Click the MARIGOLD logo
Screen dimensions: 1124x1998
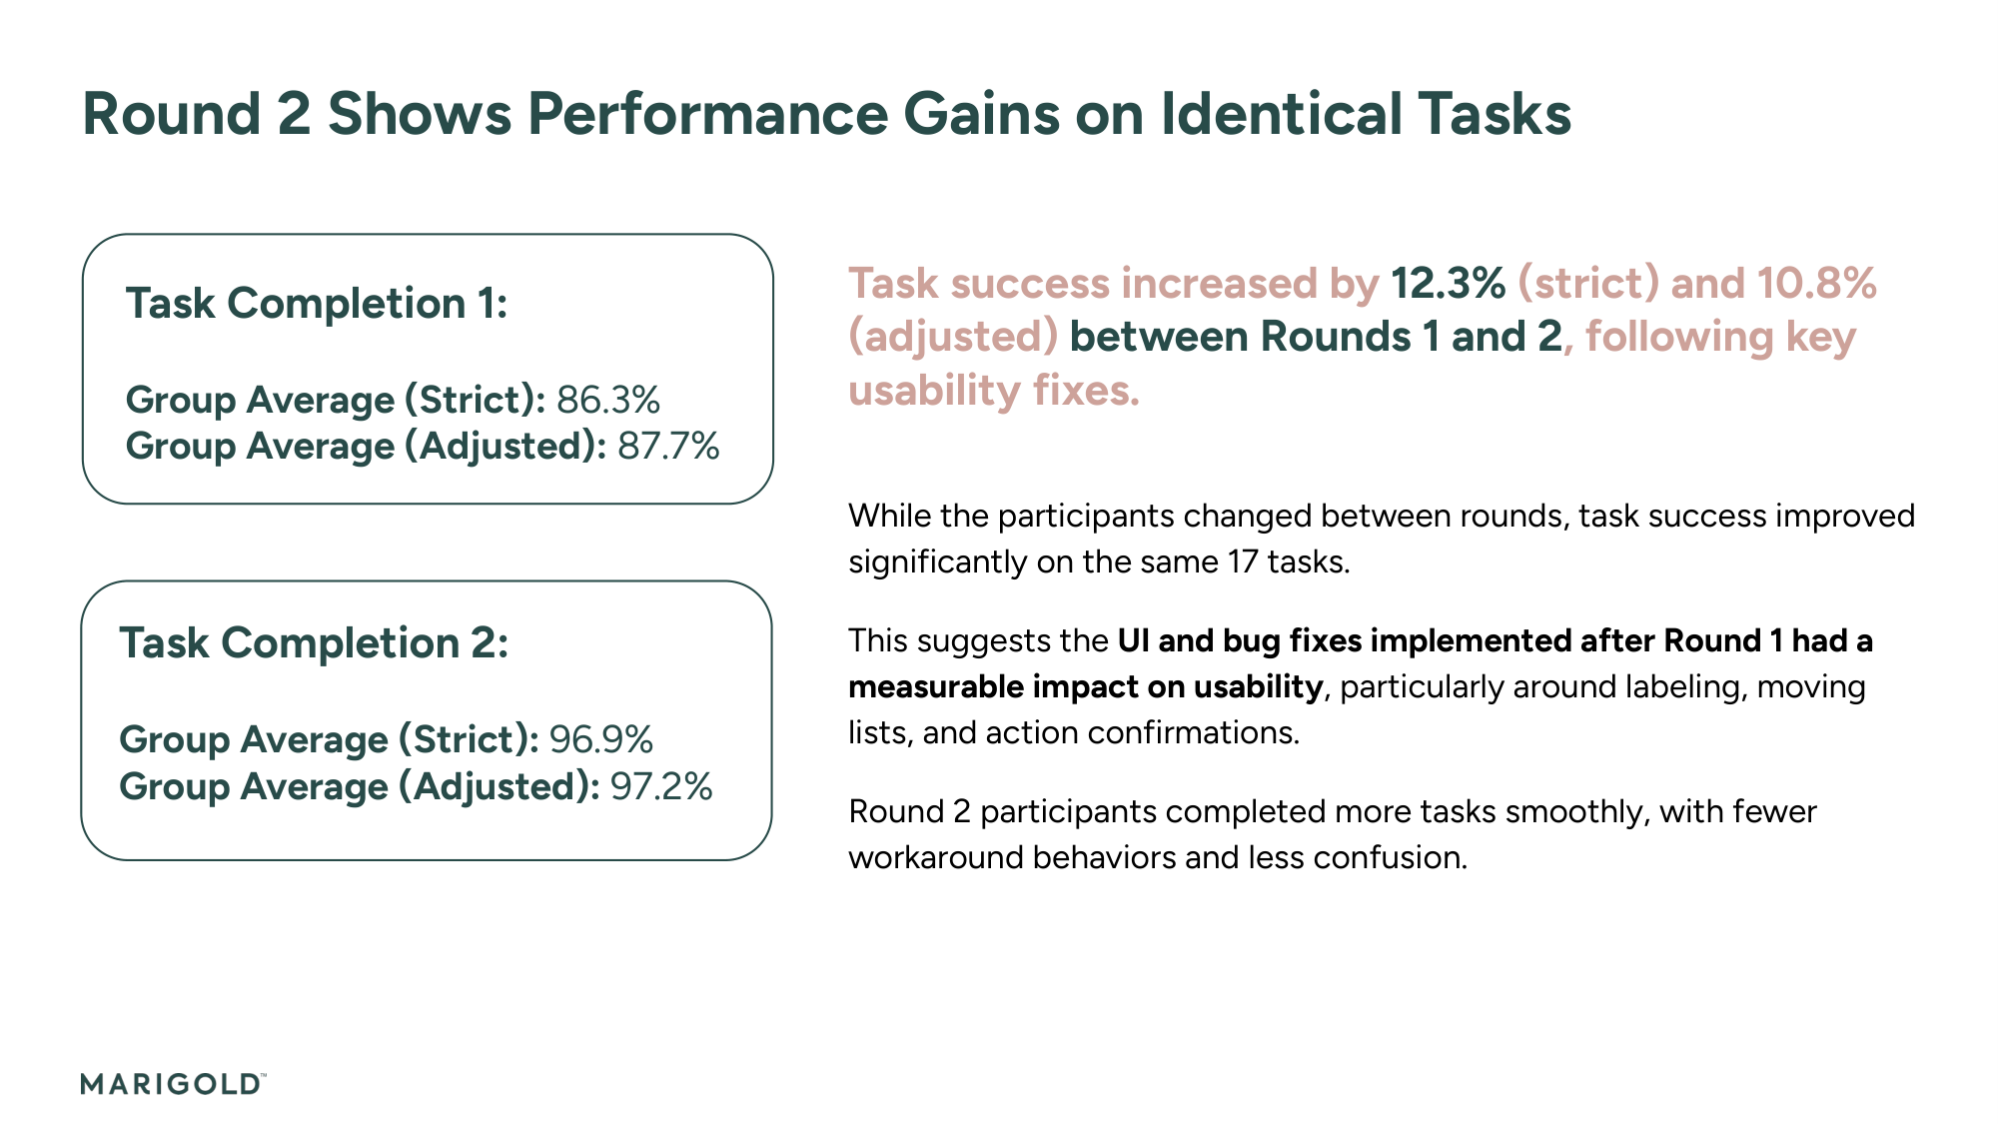coord(172,1084)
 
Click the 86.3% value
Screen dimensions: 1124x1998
coord(608,400)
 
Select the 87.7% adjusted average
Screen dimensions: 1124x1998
coord(668,446)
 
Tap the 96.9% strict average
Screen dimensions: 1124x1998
coord(601,739)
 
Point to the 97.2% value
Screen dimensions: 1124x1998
coord(661,786)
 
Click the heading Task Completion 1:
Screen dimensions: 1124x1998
coord(317,304)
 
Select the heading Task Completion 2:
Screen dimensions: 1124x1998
coord(314,642)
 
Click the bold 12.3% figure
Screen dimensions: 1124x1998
coord(1448,284)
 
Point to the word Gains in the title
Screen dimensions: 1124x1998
coord(981,114)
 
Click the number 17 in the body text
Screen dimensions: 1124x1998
coord(1242,562)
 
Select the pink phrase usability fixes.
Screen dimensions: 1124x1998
coord(993,390)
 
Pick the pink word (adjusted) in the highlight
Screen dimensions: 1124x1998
coord(953,337)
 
